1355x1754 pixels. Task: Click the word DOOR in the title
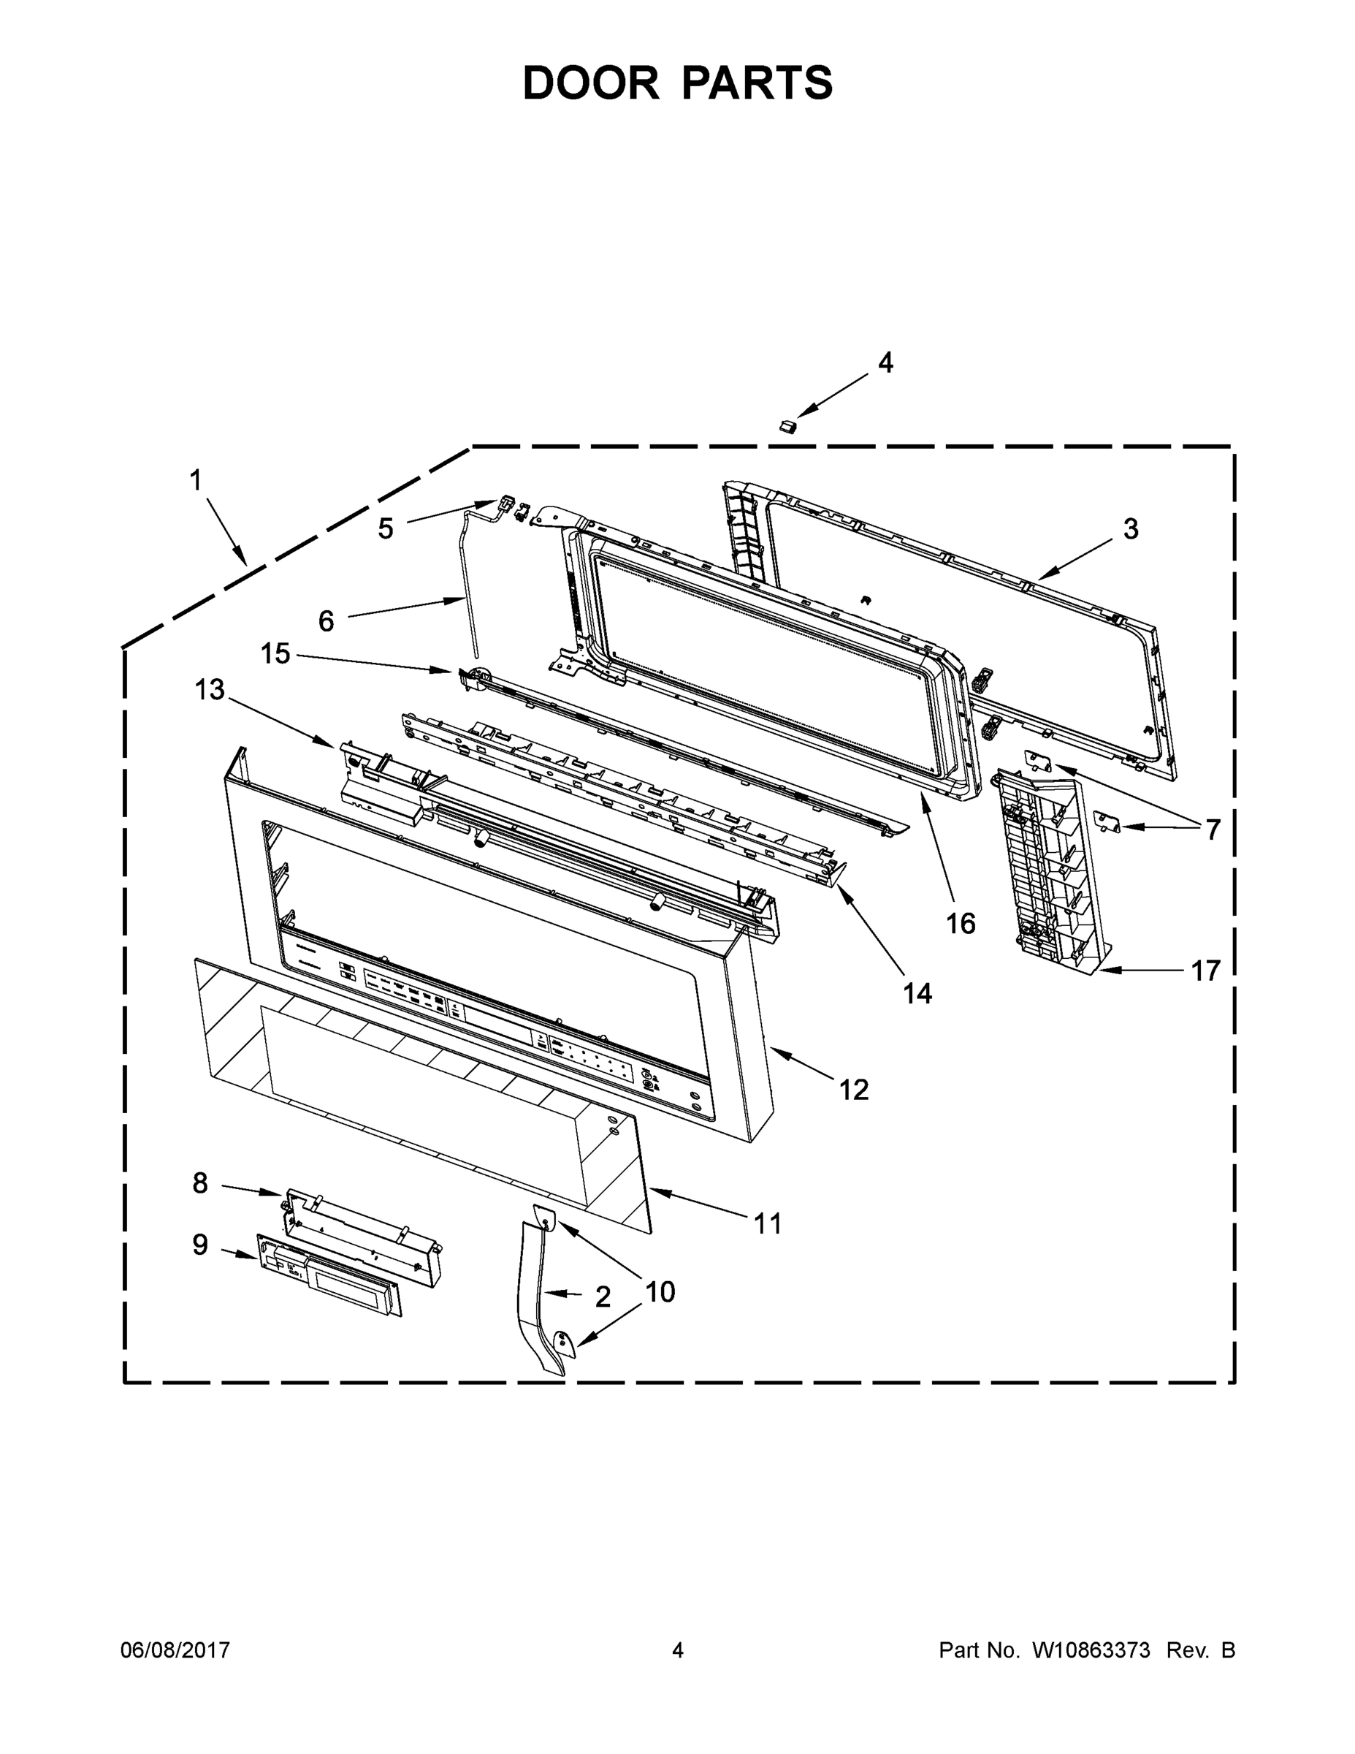pyautogui.click(x=591, y=83)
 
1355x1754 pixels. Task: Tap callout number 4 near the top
pyautogui.click(x=885, y=363)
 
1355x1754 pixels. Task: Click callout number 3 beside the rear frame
pyautogui.click(x=1130, y=529)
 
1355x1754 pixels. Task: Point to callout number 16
pyautogui.click(x=960, y=924)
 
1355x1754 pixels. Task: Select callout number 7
pyautogui.click(x=1211, y=829)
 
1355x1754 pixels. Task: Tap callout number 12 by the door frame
pyautogui.click(x=853, y=1090)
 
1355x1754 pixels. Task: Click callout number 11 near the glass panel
pyautogui.click(x=766, y=1224)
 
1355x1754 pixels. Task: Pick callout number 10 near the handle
pyautogui.click(x=660, y=1291)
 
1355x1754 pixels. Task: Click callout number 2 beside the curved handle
pyautogui.click(x=603, y=1296)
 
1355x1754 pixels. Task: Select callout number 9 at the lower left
pyautogui.click(x=200, y=1245)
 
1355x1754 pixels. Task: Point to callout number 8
pyautogui.click(x=200, y=1183)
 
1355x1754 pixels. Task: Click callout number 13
pyautogui.click(x=210, y=689)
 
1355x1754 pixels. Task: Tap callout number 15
pyautogui.click(x=275, y=654)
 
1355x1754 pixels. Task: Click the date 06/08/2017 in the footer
pyautogui.click(x=175, y=1650)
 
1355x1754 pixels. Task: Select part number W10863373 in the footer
pyautogui.click(x=1090, y=1650)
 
